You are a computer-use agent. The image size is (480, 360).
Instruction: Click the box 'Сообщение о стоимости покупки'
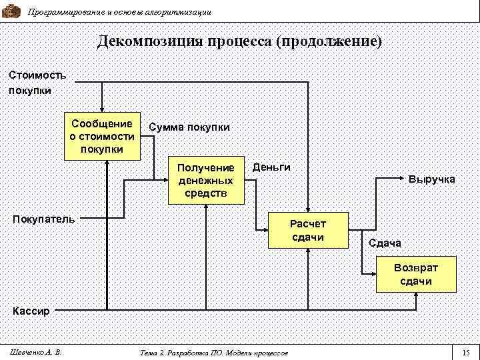[x=102, y=135]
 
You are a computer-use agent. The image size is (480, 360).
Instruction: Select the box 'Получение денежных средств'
[x=206, y=181]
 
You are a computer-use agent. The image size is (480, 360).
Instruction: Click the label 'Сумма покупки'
[x=189, y=127]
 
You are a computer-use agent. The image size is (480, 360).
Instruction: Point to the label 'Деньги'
[x=271, y=167]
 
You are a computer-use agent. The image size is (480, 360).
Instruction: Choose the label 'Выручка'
[x=431, y=179]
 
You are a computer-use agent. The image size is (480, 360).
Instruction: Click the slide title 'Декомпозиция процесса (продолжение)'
[x=240, y=41]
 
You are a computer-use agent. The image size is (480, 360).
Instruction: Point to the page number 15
[x=465, y=352]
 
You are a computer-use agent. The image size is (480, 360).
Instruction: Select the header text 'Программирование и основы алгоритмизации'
[x=120, y=12]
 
